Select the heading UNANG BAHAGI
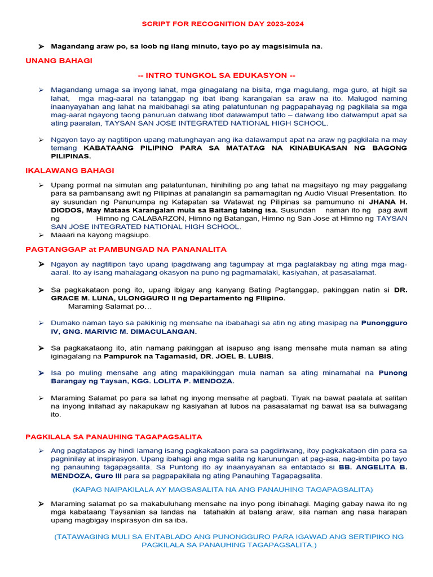pos(59,60)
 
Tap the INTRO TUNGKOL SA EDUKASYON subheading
pos(216,76)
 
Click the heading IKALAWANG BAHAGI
pos(70,170)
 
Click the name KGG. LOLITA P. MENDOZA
pos(170,381)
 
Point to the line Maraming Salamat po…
pos(110,307)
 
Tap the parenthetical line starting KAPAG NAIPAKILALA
pos(223,489)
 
